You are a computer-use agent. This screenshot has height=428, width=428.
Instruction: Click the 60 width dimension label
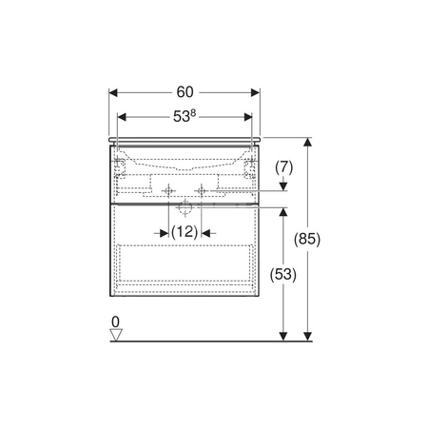coord(185,92)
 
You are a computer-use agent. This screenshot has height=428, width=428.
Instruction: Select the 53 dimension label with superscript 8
coord(185,116)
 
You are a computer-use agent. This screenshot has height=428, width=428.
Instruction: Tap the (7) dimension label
coord(283,167)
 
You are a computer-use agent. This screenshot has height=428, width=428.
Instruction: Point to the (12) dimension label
coord(185,232)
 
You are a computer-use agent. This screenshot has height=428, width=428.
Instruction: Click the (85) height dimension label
coord(307,239)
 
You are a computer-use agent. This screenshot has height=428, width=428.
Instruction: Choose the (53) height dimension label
coord(283,274)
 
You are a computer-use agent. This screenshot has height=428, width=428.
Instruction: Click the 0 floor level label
coord(115,322)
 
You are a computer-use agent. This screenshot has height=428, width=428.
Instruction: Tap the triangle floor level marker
coord(116,335)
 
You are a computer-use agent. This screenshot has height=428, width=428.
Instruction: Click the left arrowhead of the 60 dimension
coord(113,92)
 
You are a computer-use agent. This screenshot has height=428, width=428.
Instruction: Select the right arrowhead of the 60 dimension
coord(256,92)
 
